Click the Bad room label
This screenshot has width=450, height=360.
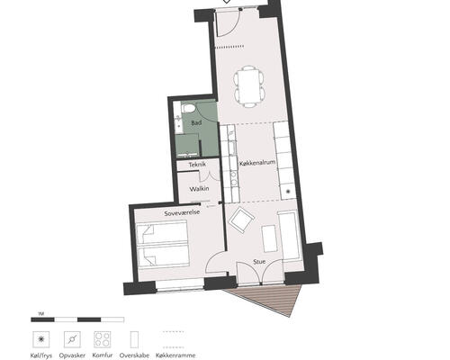[196, 122]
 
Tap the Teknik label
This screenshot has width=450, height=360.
[197, 165]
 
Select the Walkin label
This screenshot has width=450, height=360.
[199, 189]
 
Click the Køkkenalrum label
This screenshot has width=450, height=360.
[257, 163]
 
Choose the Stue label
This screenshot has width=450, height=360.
[259, 262]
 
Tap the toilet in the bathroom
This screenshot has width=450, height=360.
[188, 109]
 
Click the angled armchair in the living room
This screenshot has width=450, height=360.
[242, 220]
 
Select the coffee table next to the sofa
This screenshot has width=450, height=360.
[269, 238]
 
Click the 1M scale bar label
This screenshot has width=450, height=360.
[41, 314]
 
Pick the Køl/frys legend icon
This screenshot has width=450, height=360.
[41, 339]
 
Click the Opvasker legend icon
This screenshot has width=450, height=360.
[72, 339]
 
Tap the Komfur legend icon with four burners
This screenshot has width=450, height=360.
[103, 339]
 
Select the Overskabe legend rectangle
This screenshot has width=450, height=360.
[134, 339]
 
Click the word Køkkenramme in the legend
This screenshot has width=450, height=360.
[175, 355]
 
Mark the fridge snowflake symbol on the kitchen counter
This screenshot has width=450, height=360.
[289, 192]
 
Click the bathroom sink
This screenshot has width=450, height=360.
[178, 118]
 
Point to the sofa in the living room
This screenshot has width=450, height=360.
[290, 235]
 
